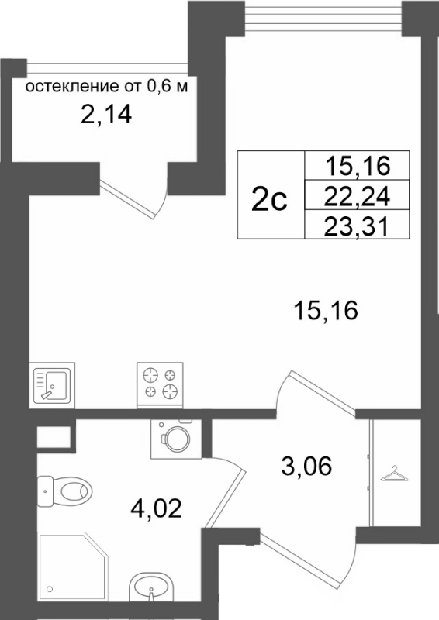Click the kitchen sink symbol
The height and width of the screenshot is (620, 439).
pos(52,385)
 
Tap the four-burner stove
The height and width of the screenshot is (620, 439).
pos(160,384)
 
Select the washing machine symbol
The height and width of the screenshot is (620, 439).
pos(176,439)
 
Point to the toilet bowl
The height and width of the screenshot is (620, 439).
pos(64,492)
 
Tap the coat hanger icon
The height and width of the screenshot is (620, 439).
pos(394,474)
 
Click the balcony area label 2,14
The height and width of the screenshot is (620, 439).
pos(106,115)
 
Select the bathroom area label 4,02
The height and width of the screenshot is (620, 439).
pos(156,508)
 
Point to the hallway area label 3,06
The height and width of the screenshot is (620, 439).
pos(306,467)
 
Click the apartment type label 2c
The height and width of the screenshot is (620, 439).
pos(269,200)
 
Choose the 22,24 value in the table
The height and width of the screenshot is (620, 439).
pos(357,196)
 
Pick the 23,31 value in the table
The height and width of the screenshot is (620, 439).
pos(357,227)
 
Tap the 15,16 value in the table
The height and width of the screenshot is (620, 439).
pos(358,165)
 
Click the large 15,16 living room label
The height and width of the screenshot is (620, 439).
pos(326,310)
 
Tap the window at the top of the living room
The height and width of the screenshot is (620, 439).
pos(323,17)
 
